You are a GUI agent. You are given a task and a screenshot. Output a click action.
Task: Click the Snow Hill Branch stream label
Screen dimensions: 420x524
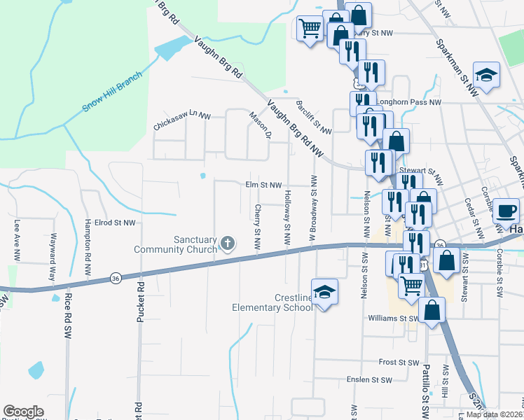click(x=113, y=91)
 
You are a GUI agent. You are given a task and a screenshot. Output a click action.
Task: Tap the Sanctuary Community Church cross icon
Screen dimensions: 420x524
click(x=226, y=244)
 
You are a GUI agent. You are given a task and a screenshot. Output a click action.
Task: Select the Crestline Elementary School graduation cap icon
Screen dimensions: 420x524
click(x=324, y=292)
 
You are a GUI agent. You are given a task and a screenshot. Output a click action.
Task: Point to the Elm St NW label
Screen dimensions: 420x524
click(x=263, y=185)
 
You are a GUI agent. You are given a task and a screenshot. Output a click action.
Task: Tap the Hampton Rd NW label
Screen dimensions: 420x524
click(x=88, y=238)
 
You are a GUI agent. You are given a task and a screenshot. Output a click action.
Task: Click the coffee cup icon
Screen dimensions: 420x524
click(x=506, y=209)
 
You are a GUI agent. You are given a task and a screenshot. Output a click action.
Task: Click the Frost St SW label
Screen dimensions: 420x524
click(x=399, y=363)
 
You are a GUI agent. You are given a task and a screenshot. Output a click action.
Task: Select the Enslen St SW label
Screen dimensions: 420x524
click(x=369, y=380)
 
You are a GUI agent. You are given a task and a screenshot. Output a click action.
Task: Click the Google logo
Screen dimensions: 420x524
click(x=23, y=412)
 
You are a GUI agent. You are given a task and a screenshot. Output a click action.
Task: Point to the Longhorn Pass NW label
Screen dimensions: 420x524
click(x=410, y=102)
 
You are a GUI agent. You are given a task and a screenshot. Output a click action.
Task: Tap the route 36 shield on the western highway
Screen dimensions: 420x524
click(x=115, y=279)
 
